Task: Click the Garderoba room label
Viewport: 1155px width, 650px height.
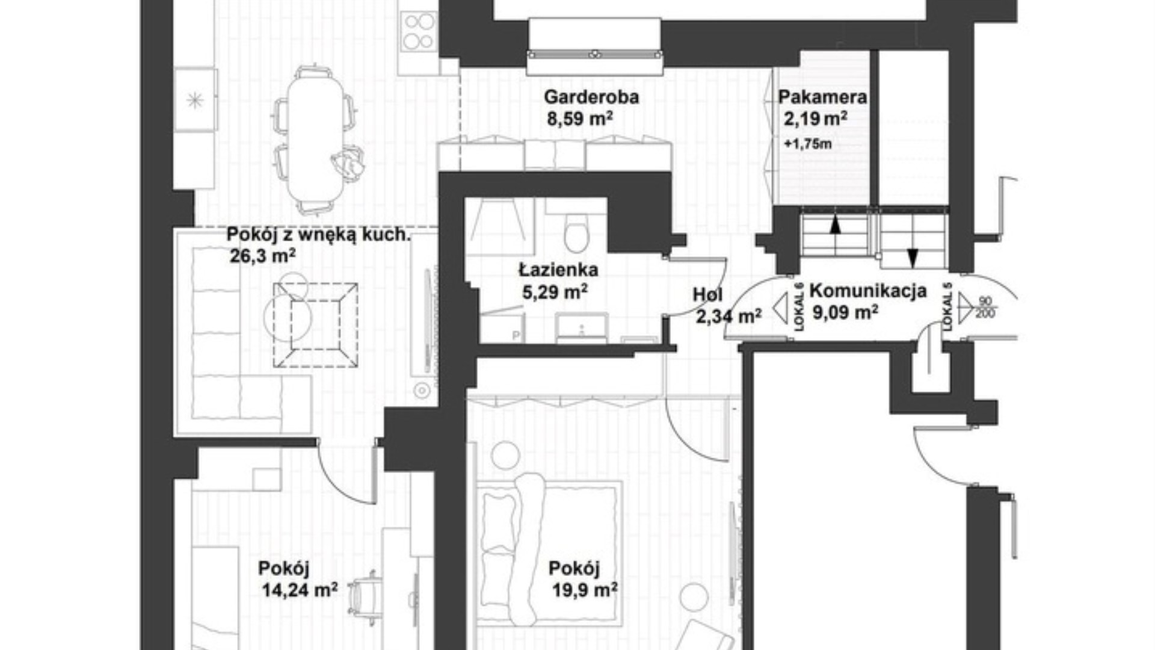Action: pyautogui.click(x=591, y=97)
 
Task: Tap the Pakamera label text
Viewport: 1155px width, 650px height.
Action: pyautogui.click(x=822, y=97)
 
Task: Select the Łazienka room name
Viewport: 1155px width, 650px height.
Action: pyautogui.click(x=559, y=270)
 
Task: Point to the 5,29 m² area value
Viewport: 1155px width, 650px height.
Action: pyautogui.click(x=555, y=292)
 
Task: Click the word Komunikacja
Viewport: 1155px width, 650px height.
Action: pyautogui.click(x=868, y=291)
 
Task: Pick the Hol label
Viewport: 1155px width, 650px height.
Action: pyautogui.click(x=707, y=295)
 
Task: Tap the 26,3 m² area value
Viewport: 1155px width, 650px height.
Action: pyautogui.click(x=262, y=257)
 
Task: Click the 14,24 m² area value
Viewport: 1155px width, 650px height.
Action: pyautogui.click(x=299, y=590)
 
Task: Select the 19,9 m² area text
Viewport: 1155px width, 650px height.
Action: pyautogui.click(x=585, y=590)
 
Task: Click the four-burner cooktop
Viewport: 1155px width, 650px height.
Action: pyautogui.click(x=419, y=31)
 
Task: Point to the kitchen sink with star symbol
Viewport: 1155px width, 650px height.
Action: pyautogui.click(x=195, y=99)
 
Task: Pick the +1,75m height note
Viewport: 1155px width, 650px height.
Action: pyautogui.click(x=808, y=144)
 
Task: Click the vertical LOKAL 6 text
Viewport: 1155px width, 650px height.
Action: pyautogui.click(x=799, y=307)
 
